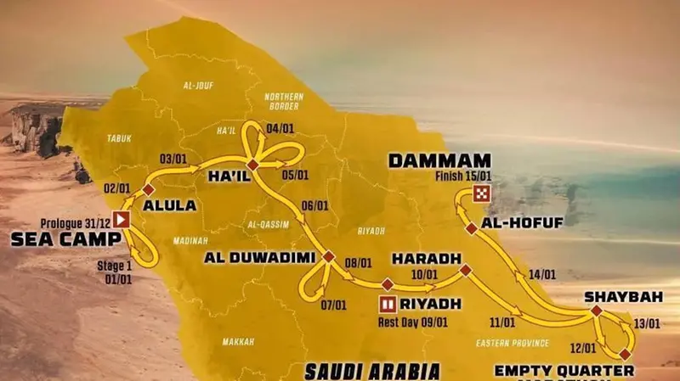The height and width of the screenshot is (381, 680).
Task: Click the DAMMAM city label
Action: (x=439, y=159)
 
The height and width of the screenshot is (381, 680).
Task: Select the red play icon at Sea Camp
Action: (x=122, y=220)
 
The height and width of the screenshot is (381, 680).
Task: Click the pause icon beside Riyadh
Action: (x=388, y=303)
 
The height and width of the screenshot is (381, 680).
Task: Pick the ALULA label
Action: (x=170, y=205)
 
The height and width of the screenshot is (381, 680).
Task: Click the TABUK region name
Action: (x=119, y=137)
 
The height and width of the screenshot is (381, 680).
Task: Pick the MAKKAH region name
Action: (x=238, y=342)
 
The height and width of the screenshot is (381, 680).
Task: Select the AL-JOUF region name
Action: (x=196, y=86)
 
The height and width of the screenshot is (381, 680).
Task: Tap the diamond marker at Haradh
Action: (x=465, y=271)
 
